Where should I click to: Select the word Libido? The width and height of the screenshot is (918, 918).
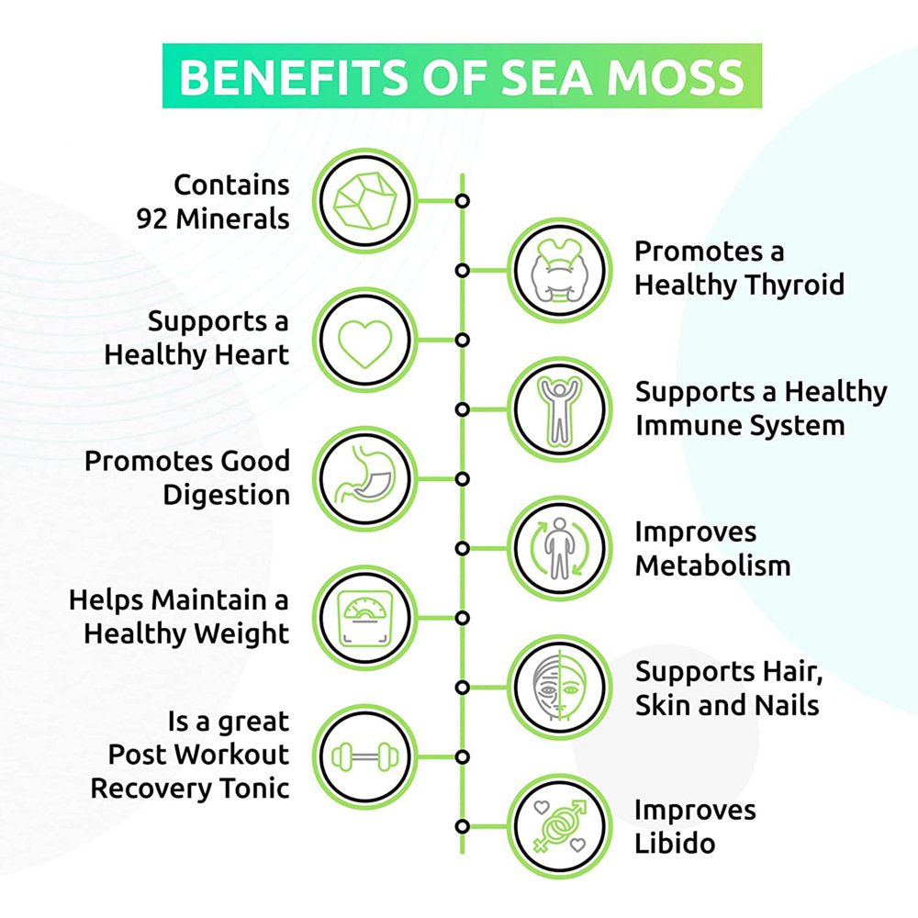(675, 843)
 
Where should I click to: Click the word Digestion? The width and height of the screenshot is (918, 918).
(227, 495)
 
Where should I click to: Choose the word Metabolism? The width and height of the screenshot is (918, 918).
(712, 565)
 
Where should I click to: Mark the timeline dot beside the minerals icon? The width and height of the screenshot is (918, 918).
(463, 200)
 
